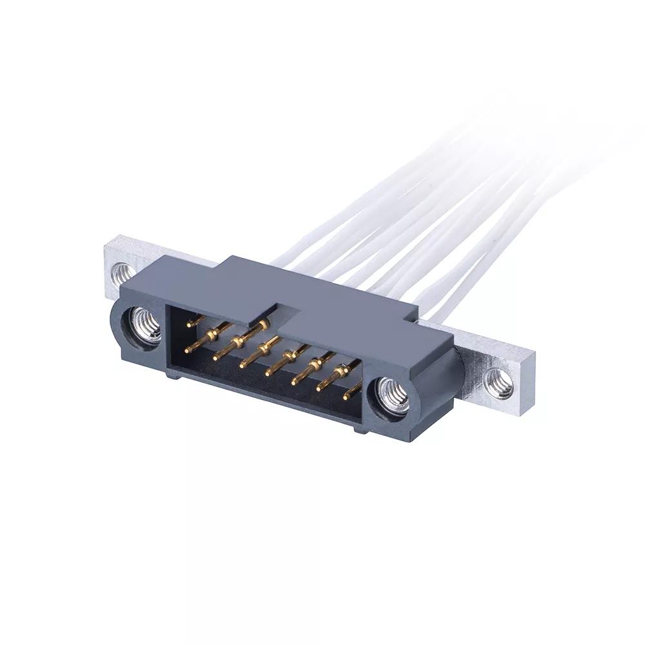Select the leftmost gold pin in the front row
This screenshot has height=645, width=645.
pyautogui.click(x=190, y=350)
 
